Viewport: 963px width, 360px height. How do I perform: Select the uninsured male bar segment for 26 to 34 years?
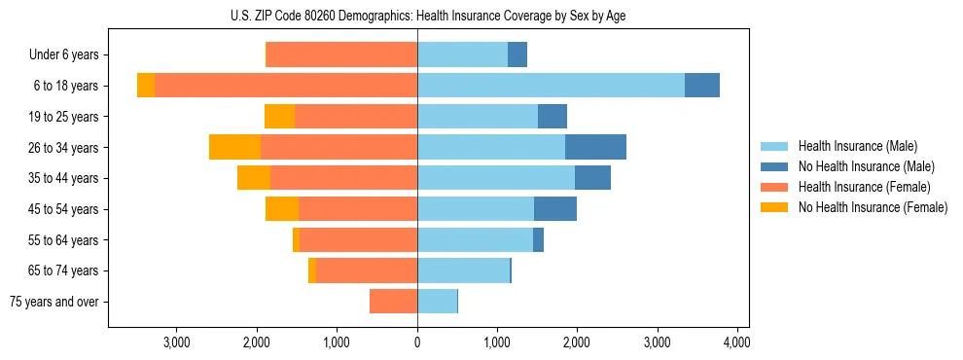coord(595,147)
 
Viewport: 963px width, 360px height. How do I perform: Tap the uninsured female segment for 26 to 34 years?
coord(234,147)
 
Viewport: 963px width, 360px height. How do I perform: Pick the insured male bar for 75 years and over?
coord(437,302)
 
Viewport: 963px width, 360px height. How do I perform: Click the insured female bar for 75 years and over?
coord(394,302)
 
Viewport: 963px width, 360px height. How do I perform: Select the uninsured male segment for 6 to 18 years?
coord(702,86)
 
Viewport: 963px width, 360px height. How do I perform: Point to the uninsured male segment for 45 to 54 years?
coord(555,209)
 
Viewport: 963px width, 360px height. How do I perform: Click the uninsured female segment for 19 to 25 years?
coord(279,117)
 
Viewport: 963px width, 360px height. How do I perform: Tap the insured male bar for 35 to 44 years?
coord(496,178)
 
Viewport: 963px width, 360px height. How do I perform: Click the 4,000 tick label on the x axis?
coord(736,342)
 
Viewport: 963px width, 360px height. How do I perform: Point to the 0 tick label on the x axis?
coord(417,342)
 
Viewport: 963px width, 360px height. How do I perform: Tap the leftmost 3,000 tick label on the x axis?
coord(176,342)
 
